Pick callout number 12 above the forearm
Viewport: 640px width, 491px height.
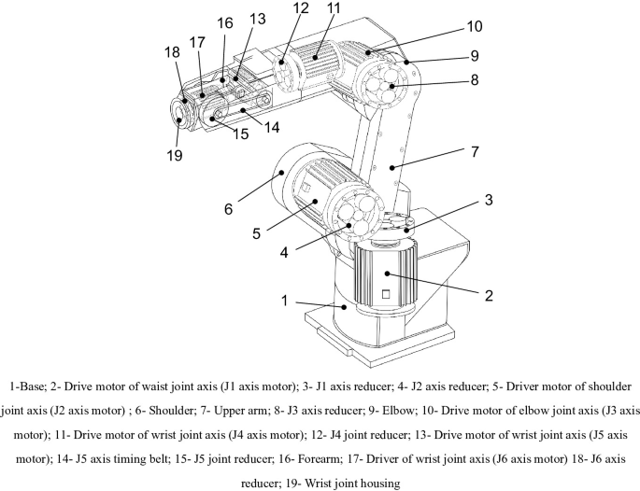(273, 8)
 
